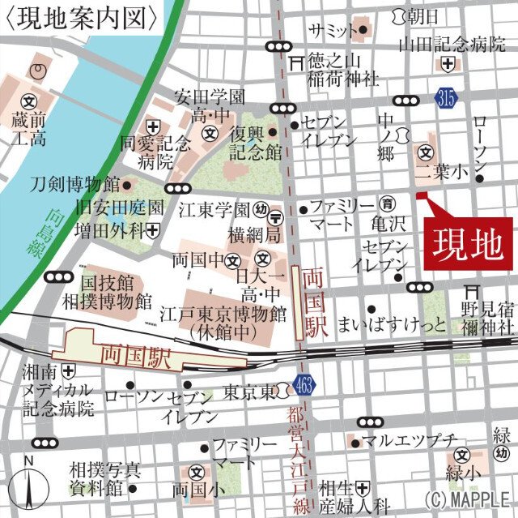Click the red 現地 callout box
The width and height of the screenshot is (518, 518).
469,242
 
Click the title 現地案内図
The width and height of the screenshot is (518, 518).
81,17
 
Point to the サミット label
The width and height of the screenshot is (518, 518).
332,31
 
